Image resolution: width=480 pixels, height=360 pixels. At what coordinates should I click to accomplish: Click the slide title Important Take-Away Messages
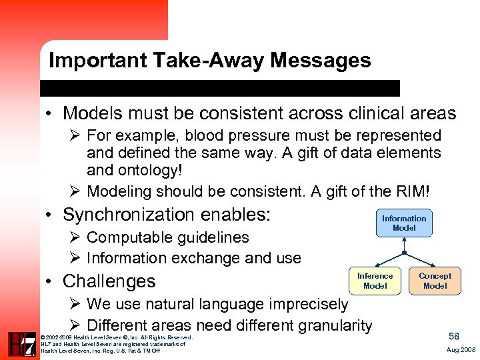pyautogui.click(x=209, y=61)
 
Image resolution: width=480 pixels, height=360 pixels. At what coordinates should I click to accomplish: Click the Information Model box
pyautogui.click(x=404, y=223)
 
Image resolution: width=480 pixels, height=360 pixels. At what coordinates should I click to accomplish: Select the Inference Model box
pyautogui.click(x=375, y=281)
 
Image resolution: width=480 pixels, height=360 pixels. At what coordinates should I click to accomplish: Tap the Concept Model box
pyautogui.click(x=435, y=281)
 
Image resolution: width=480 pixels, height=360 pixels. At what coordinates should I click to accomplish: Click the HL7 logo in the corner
pyautogui.click(x=22, y=344)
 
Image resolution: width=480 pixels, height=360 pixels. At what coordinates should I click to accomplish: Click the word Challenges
pyautogui.click(x=109, y=281)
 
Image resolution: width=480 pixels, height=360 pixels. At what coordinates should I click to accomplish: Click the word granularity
pyautogui.click(x=334, y=325)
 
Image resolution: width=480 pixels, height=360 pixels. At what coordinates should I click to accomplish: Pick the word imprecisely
pyautogui.click(x=306, y=305)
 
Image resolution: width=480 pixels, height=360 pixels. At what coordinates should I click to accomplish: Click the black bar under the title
pyautogui.click(x=220, y=88)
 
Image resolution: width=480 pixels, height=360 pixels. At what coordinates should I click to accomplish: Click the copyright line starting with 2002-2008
pyautogui.click(x=117, y=337)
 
